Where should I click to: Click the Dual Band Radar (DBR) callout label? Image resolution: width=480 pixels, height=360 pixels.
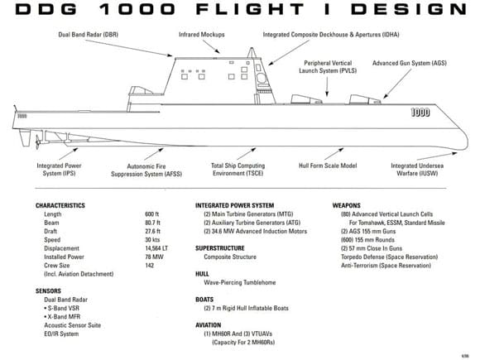[89, 34]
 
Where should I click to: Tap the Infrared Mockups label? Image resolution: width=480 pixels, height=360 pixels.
[202, 34]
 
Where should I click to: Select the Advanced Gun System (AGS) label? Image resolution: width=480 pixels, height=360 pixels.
[410, 63]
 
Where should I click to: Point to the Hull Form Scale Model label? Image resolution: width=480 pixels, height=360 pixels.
[328, 166]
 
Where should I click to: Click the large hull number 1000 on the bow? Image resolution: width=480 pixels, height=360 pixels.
[420, 113]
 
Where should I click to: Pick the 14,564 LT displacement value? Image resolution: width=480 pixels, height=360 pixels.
[156, 248]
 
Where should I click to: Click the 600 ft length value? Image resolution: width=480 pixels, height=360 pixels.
[151, 214]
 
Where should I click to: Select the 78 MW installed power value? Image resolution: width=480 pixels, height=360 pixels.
[154, 257]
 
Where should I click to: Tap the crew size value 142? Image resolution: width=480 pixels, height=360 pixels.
[150, 266]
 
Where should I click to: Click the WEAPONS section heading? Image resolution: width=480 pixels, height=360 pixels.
[347, 205]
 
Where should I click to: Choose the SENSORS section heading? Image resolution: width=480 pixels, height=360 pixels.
[48, 290]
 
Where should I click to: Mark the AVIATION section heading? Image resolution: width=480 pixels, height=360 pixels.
[209, 325]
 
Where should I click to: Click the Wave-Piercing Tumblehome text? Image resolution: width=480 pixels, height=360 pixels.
[240, 282]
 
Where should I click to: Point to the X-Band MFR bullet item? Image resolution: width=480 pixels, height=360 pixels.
[62, 316]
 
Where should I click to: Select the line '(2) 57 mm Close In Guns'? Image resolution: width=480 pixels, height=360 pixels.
[372, 248]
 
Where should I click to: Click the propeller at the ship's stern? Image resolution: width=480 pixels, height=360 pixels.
[38, 142]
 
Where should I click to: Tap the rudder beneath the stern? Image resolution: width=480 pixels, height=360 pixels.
[25, 137]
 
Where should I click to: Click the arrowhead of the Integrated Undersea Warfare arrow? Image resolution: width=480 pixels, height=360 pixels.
[454, 153]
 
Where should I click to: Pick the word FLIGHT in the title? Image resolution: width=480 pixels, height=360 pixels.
[249, 9]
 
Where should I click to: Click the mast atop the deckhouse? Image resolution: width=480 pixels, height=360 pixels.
[252, 53]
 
